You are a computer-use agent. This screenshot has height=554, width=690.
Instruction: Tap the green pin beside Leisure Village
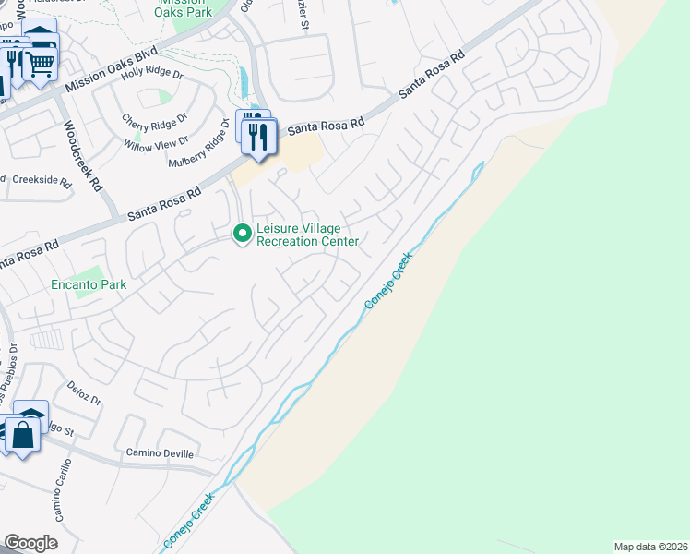[243, 234]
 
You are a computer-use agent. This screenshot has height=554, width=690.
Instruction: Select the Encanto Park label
[89, 285]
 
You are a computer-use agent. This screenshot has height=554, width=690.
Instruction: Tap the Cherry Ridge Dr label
[155, 119]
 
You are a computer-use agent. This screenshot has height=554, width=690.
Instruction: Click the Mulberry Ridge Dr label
[197, 144]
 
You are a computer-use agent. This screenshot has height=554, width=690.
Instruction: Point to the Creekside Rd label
[41, 181]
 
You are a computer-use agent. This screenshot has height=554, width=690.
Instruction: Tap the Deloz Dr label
[83, 394]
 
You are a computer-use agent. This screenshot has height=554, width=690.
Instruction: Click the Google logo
[30, 543]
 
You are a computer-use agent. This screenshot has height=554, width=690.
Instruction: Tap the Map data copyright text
[651, 546]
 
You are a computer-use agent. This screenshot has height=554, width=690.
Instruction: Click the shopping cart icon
[40, 64]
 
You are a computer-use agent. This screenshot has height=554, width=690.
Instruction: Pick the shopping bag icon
[22, 434]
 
